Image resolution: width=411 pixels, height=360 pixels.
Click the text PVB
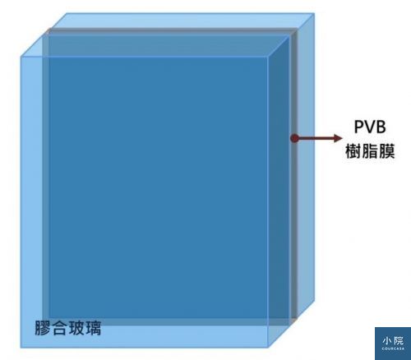pyautogui.click(x=370, y=127)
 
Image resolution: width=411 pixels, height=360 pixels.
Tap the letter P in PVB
pyautogui.click(x=358, y=127)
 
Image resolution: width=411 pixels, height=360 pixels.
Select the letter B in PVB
pyautogui.click(x=381, y=127)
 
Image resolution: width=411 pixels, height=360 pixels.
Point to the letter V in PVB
pyautogui.click(x=370, y=127)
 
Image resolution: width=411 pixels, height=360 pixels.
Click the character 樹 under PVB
pyautogui.click(x=353, y=151)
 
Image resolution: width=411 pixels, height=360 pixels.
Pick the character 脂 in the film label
pyautogui.click(x=370, y=151)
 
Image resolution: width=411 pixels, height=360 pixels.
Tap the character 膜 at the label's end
pyautogui.click(x=386, y=151)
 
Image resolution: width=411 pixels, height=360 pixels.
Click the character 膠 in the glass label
pyautogui.click(x=43, y=328)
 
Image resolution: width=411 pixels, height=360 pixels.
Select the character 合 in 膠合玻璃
pyautogui.click(x=59, y=328)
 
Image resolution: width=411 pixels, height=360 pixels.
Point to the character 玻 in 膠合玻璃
pyautogui.click(x=76, y=328)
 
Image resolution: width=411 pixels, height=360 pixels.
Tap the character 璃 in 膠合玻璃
pyautogui.click(x=93, y=328)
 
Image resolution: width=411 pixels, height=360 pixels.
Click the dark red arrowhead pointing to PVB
pyautogui.click(x=339, y=138)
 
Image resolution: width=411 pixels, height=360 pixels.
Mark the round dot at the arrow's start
pyautogui.click(x=294, y=138)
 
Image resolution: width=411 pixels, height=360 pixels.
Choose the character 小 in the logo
pyautogui.click(x=387, y=340)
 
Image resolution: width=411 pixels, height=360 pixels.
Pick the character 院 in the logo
pyautogui.click(x=399, y=340)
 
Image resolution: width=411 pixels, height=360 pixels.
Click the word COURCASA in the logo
pyautogui.click(x=393, y=348)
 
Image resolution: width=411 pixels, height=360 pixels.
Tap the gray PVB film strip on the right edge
pyautogui.click(x=294, y=175)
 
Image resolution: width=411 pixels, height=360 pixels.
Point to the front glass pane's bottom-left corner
pyautogui.click(x=21, y=348)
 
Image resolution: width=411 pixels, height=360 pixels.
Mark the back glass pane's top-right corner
pyautogui.click(x=314, y=13)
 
